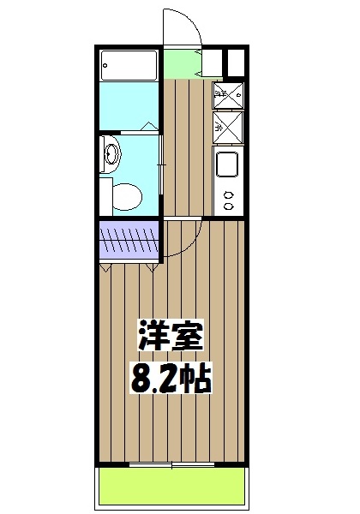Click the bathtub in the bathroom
129,65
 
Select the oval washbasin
111,154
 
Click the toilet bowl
125,197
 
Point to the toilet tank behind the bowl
105,197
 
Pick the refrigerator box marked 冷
226,129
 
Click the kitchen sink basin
227,164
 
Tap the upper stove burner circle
228,194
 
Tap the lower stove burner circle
228,206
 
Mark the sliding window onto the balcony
171,465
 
